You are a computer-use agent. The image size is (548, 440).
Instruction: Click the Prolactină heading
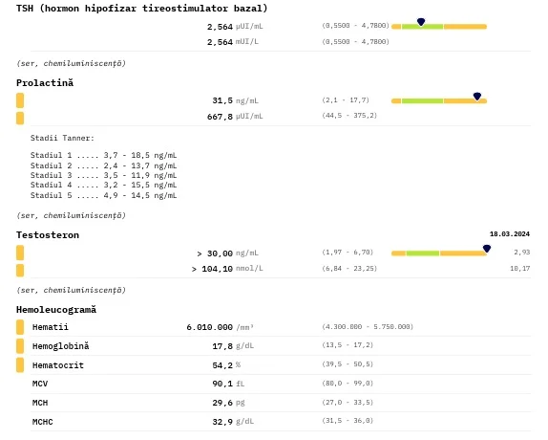pos(45,83)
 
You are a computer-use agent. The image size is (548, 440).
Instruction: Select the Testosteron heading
pos(48,235)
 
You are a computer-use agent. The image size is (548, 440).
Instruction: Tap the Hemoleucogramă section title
pos(56,310)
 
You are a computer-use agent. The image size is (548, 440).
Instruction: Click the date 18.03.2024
pos(510,233)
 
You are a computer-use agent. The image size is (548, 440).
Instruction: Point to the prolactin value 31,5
pos(222,100)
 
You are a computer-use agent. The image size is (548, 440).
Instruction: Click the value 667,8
pos(220,117)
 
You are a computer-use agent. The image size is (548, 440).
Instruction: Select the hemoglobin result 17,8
pos(222,346)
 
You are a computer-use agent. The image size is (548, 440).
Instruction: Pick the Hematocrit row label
pos(58,365)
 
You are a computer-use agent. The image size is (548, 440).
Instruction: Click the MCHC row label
pos(43,422)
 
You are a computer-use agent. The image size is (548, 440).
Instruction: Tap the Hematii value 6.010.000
pos(209,327)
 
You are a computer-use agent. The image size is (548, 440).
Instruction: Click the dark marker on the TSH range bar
pos(421,22)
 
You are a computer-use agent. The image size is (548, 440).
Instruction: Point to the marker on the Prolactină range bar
pos(477,96)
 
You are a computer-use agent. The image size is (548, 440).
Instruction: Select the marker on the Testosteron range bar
pos(487,249)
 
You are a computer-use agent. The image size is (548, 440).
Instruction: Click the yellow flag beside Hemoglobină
pos(20,346)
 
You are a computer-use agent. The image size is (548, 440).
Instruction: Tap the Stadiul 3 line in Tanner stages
pos(103,175)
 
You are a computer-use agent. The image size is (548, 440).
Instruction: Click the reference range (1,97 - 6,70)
pos(348,252)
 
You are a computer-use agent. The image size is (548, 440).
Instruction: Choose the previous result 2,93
pos(522,252)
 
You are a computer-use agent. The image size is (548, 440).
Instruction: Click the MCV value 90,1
pos(222,384)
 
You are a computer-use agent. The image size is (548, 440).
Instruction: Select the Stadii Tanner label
pos(62,138)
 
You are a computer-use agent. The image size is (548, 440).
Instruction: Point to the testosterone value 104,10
pos(217,269)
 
